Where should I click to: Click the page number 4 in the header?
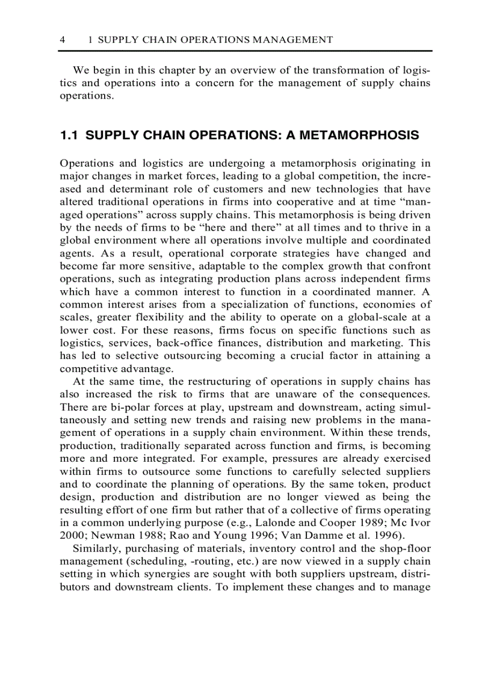click(63, 40)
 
